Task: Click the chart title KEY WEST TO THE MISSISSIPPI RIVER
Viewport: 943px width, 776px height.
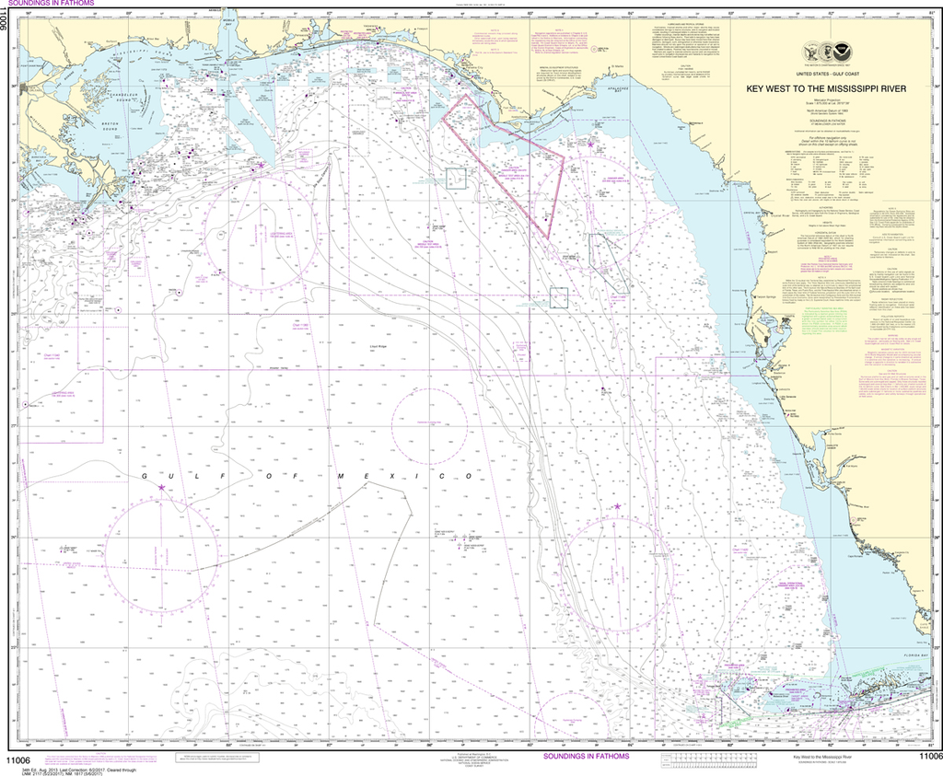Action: pyautogui.click(x=825, y=89)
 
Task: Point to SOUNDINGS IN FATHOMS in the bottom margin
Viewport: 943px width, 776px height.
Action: pyautogui.click(x=586, y=756)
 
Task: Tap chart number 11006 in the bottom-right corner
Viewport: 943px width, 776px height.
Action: pyautogui.click(x=925, y=758)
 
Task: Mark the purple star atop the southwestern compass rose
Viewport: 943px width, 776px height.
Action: pyautogui.click(x=162, y=487)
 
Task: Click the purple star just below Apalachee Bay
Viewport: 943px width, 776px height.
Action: pyautogui.click(x=590, y=144)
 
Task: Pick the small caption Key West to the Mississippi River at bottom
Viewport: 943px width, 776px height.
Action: pyautogui.click(x=816, y=756)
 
